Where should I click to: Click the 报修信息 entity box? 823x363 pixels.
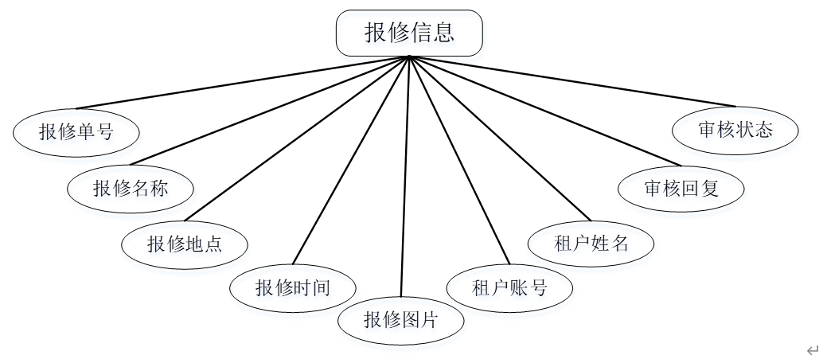coord(409,33)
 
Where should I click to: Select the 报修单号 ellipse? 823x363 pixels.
coord(76,131)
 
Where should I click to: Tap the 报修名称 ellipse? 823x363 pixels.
coord(131,188)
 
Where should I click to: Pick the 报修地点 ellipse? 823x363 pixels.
coord(185,244)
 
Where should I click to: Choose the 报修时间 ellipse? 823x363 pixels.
coord(292,287)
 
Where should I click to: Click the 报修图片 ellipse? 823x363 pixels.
coord(400,321)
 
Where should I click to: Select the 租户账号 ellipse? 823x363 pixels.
coord(510,287)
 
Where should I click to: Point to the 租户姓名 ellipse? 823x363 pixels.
coord(591,243)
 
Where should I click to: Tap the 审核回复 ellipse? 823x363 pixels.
coord(681,189)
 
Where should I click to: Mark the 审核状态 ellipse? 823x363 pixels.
coord(735,130)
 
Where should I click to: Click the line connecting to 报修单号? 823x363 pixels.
coord(243,82)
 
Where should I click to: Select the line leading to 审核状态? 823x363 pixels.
coord(572,81)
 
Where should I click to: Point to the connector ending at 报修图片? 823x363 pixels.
coord(405,175)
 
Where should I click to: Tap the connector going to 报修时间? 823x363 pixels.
coord(351,159)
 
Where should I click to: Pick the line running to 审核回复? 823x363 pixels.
coord(545,111)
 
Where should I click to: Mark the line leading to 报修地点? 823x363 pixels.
coord(297,139)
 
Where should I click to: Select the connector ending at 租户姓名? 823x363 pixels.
coord(500,138)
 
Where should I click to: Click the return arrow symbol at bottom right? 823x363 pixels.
coord(812,350)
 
